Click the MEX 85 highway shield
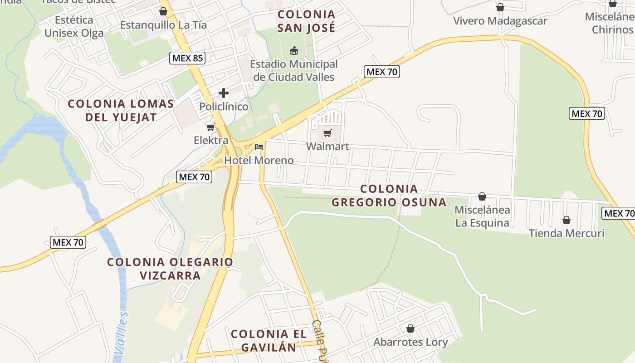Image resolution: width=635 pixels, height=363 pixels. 188,58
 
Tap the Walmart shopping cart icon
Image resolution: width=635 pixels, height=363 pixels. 327,133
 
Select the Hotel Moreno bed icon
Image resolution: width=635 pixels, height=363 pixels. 259,147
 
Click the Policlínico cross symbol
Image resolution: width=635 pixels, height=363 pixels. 224,93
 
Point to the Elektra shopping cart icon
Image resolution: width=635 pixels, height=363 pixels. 210,127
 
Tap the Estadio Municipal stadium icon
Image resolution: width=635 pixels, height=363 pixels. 294,50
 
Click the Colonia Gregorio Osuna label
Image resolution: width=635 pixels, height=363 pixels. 389,196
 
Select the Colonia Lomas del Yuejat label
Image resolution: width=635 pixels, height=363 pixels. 121,110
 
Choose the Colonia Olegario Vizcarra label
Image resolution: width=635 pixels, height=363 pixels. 170,269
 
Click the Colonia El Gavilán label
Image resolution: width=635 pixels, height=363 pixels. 269,341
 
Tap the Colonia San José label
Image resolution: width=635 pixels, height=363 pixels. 306,21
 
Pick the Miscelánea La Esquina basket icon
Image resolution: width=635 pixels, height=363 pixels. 482,196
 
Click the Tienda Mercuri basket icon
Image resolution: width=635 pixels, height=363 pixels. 567,220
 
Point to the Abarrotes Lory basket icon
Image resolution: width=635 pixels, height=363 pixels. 410,329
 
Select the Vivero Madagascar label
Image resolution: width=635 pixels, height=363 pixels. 500,21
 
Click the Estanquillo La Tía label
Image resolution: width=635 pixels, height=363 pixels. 163,25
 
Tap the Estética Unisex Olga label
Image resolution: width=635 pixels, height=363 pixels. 74,26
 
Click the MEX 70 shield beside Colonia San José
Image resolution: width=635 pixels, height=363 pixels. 381,72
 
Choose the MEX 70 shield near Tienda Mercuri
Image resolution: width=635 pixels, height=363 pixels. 618,213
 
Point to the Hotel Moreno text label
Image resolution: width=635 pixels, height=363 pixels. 259,160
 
